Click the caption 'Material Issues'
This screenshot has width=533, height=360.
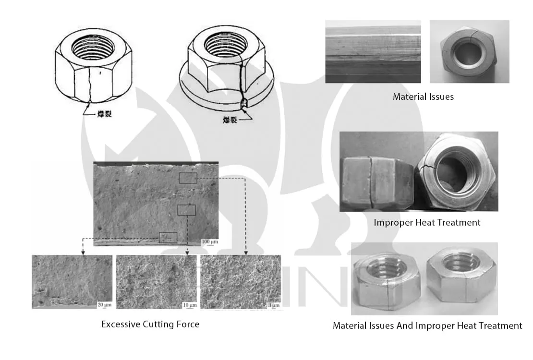[x=423, y=96]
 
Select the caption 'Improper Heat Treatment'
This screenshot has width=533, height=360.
[x=427, y=222]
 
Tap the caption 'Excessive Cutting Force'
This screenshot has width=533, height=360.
[x=150, y=324]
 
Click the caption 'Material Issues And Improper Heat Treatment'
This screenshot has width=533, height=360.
[x=427, y=325]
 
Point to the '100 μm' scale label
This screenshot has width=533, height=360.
[x=209, y=241]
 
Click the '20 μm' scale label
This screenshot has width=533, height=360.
[x=104, y=305]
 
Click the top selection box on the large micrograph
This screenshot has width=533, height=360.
[x=188, y=178]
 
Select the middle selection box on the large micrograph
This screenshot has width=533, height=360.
[x=186, y=210]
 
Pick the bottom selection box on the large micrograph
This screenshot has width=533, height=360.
[x=168, y=238]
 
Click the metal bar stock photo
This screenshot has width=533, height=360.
[x=373, y=51]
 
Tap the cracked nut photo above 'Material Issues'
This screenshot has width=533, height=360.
[x=469, y=51]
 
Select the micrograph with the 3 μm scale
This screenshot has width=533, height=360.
[x=240, y=282]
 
